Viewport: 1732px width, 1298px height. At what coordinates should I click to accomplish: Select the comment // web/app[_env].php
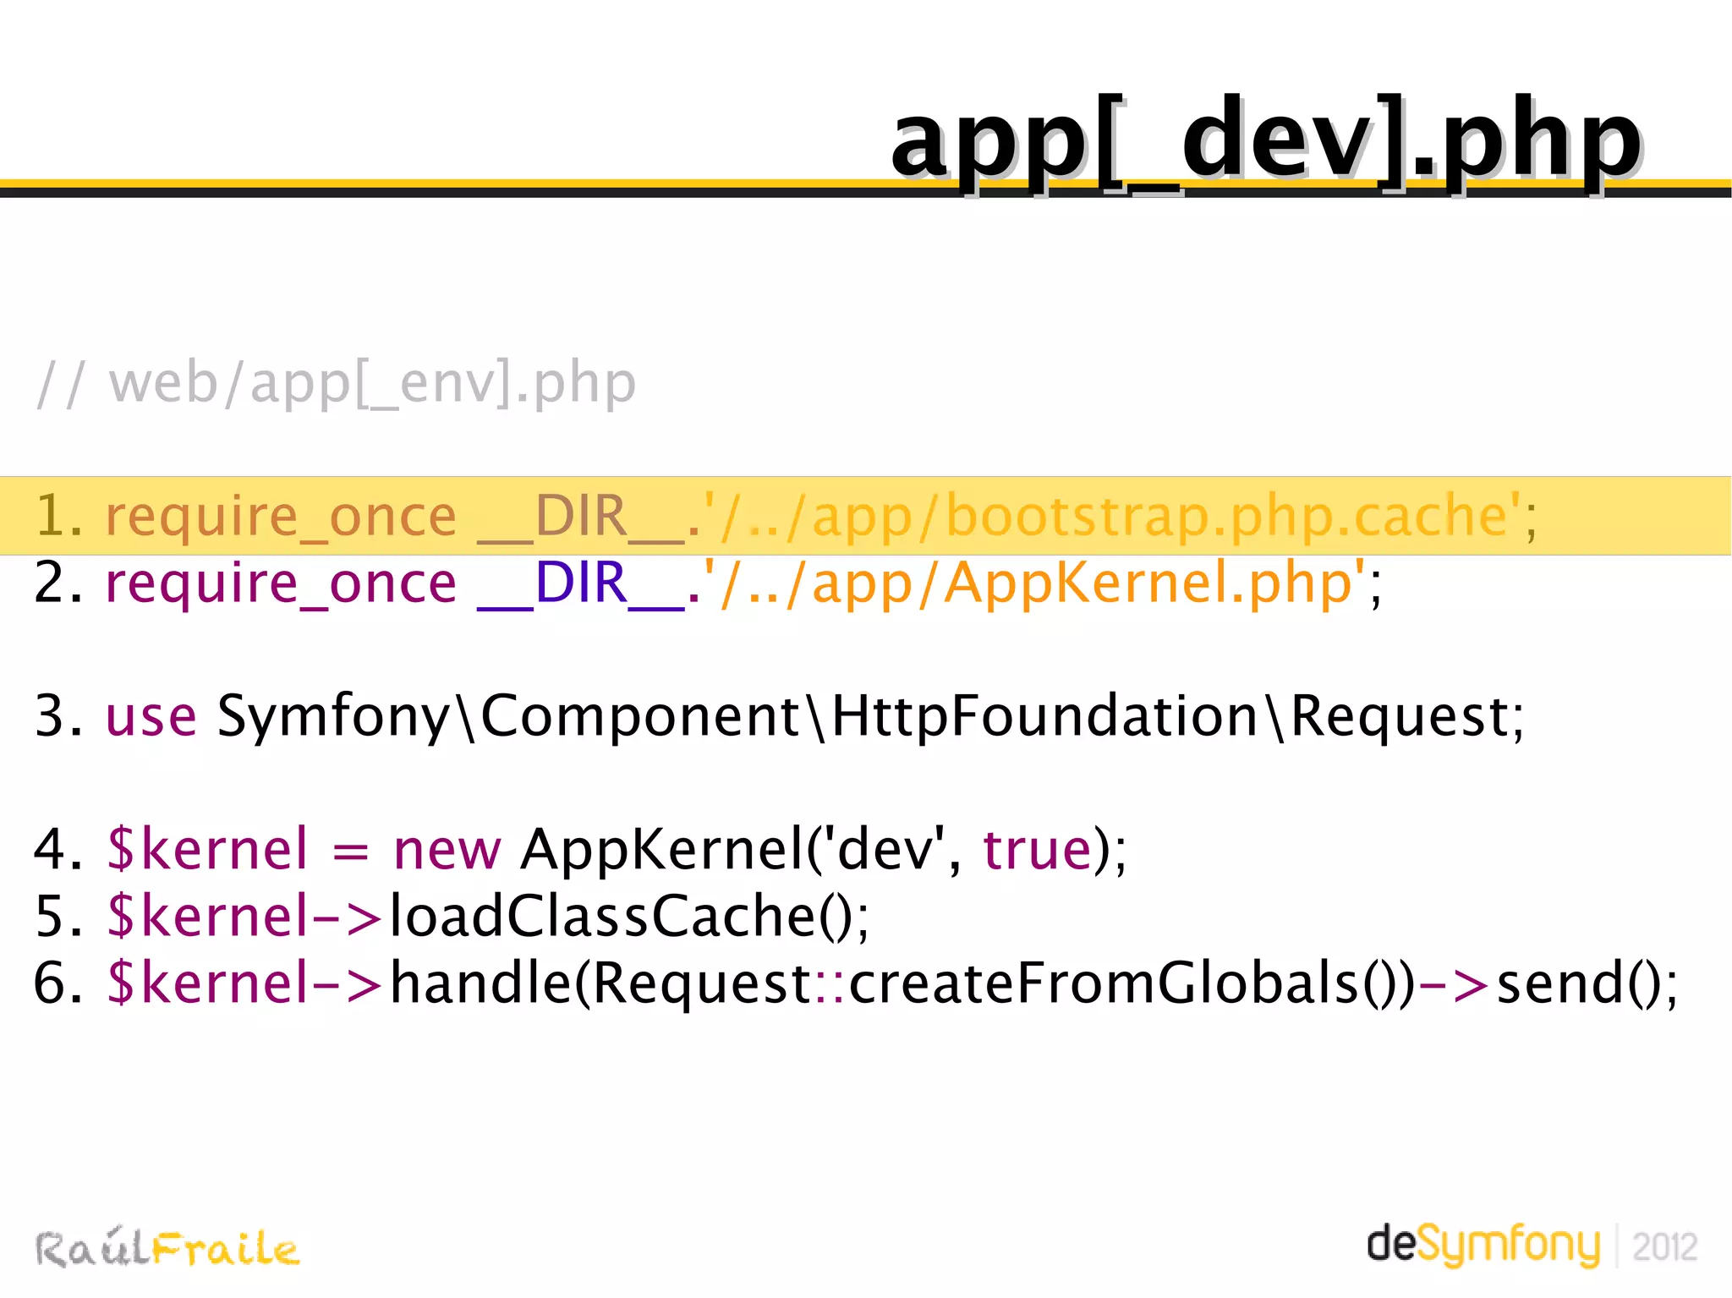(x=337, y=383)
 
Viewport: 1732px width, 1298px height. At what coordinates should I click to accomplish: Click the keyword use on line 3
(x=151, y=716)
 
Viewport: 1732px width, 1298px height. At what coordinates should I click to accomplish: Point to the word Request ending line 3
(x=1400, y=716)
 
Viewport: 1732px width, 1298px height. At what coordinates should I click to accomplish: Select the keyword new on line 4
(x=447, y=849)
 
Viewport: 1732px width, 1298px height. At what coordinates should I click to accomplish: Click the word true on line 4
(x=1037, y=849)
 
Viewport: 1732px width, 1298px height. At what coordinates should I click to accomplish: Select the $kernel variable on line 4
(x=207, y=849)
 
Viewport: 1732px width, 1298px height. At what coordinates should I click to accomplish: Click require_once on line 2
(x=280, y=583)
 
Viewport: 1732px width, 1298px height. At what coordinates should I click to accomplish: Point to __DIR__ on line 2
(x=580, y=583)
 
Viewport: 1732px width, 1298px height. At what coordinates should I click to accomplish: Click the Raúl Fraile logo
(x=167, y=1248)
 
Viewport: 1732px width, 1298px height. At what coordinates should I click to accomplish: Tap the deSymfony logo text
(x=1483, y=1245)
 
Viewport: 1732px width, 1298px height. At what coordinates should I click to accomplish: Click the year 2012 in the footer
(x=1664, y=1247)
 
